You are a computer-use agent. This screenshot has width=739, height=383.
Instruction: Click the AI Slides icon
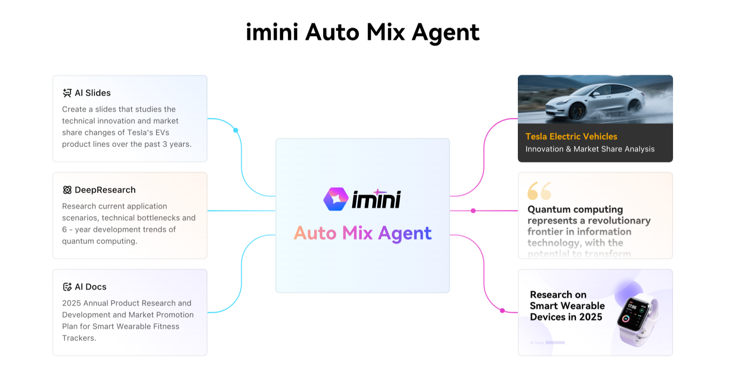click(67, 93)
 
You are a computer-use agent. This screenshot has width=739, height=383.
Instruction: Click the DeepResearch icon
click(67, 190)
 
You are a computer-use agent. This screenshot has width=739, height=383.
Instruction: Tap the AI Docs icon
click(67, 287)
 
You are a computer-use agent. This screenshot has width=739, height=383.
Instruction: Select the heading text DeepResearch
click(105, 190)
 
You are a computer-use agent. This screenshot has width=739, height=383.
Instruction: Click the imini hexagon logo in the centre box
click(336, 199)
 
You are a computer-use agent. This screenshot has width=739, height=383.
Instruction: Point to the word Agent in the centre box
click(405, 234)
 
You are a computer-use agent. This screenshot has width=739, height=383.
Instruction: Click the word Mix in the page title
click(385, 33)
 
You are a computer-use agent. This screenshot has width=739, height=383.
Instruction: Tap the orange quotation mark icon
click(539, 191)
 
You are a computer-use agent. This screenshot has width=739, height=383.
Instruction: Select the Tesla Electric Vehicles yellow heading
click(571, 136)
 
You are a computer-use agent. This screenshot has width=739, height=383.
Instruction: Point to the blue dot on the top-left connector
click(236, 131)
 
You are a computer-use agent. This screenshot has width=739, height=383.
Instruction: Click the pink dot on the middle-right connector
click(473, 211)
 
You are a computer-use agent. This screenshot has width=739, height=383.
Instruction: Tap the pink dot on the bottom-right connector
click(502, 311)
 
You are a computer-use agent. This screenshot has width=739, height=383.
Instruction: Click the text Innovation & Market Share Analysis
click(590, 149)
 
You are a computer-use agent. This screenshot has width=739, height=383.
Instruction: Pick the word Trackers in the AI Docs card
click(78, 338)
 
